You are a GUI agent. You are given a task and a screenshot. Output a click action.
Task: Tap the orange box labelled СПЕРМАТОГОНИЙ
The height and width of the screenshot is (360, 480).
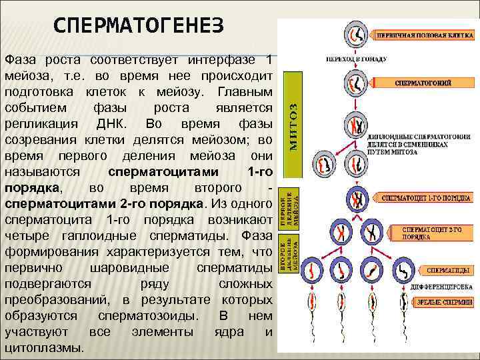[x=422, y=83]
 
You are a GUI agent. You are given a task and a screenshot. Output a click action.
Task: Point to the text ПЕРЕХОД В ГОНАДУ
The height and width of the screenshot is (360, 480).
[x=357, y=59]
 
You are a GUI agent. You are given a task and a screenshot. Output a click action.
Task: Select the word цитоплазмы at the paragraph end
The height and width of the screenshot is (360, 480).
[x=45, y=348]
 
